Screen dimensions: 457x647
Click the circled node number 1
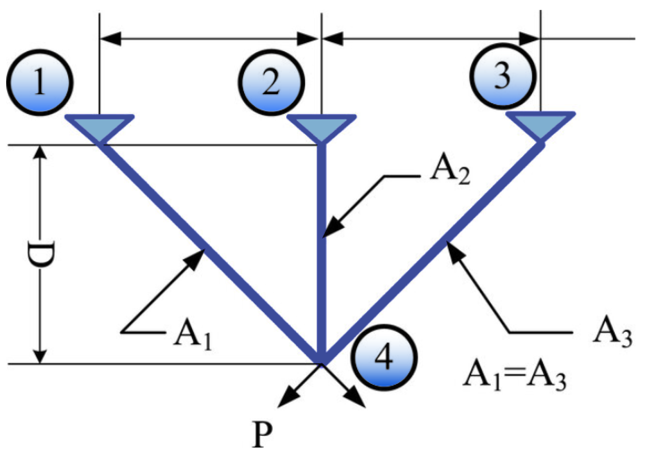click(39, 82)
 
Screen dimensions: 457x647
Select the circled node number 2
click(271, 82)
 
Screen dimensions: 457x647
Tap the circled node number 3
click(502, 76)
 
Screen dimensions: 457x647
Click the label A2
click(450, 172)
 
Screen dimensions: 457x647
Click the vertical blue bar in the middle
click(322, 251)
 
